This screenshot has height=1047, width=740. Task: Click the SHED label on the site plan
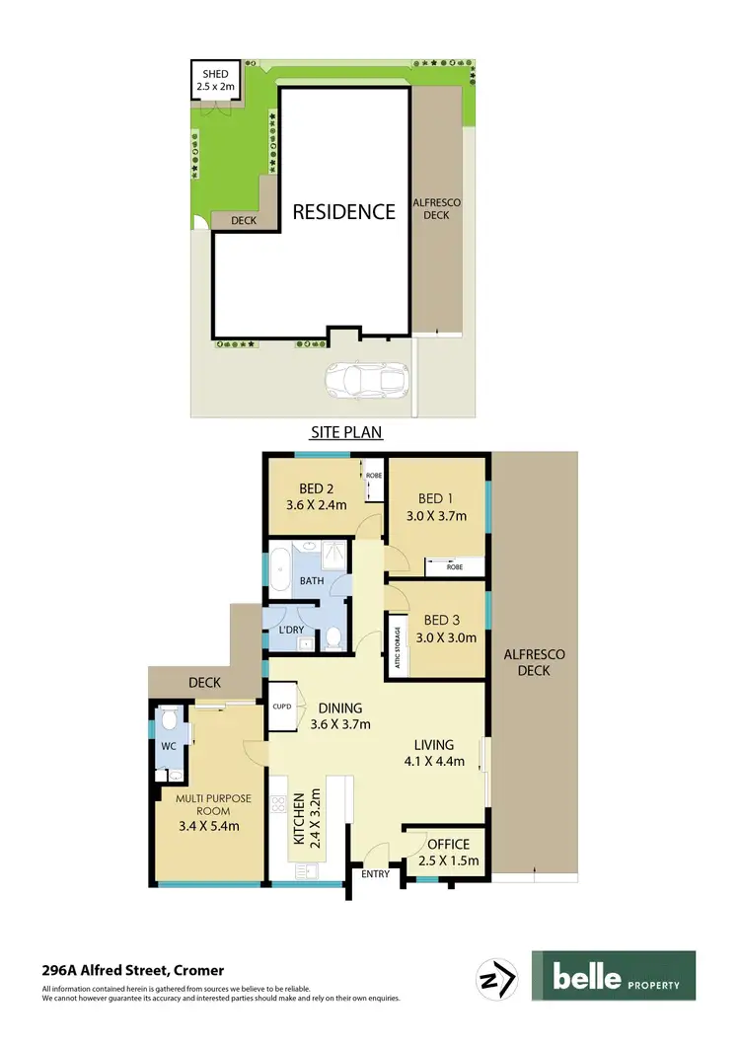click(215, 74)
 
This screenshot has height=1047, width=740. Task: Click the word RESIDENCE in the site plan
click(342, 211)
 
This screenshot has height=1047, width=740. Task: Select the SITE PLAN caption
click(346, 432)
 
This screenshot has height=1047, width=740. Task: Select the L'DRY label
click(291, 629)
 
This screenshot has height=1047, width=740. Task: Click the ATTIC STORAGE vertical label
click(398, 648)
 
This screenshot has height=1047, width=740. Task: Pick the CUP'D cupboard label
click(280, 706)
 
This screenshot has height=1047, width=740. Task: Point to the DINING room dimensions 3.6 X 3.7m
click(340, 724)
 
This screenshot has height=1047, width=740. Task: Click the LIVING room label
click(433, 744)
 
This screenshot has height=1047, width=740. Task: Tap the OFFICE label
click(449, 844)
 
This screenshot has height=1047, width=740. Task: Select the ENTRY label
click(376, 873)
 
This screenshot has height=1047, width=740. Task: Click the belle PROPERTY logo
click(613, 977)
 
